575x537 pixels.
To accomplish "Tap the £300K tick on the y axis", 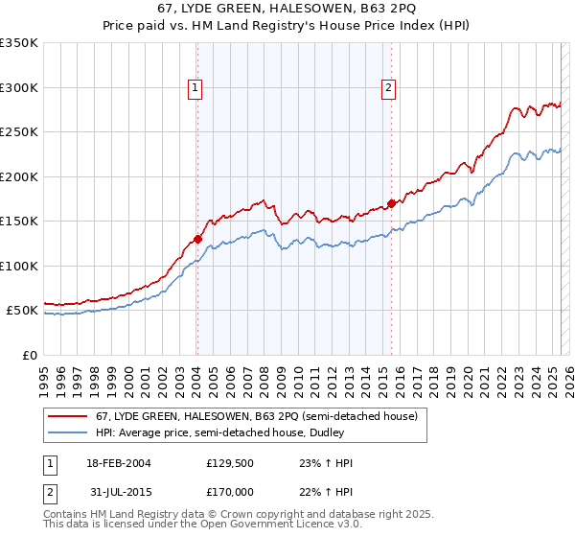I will click(19, 87).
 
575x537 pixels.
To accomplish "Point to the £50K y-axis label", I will click(22, 311).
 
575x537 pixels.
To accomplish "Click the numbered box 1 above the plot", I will click(195, 88).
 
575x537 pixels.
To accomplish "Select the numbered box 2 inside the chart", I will click(389, 88).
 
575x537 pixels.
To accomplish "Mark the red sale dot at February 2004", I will click(197, 240).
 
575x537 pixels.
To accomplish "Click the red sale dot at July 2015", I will click(391, 203).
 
